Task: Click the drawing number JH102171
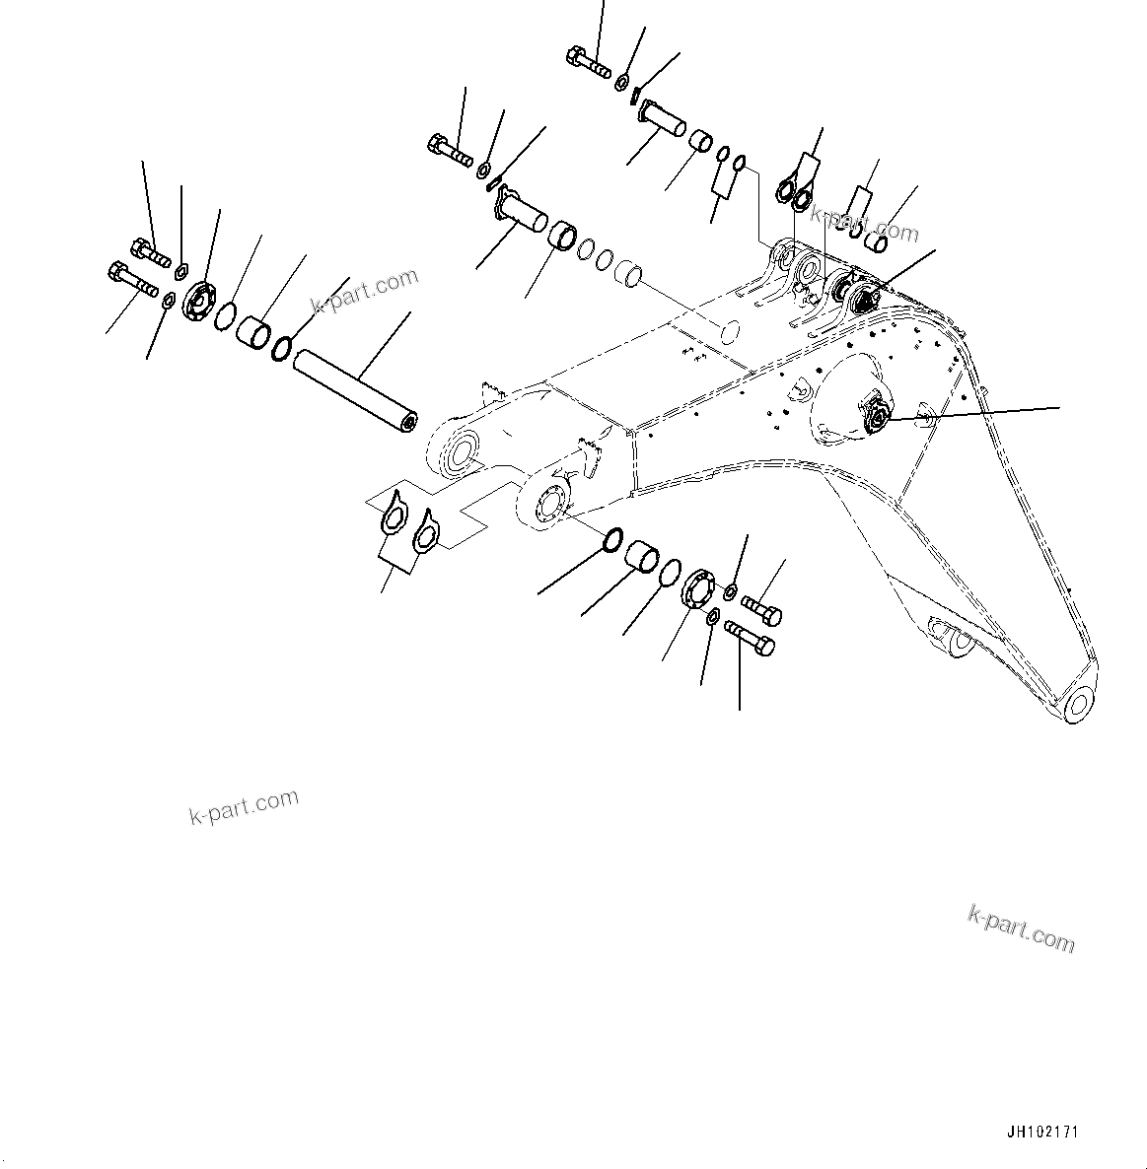(1044, 1133)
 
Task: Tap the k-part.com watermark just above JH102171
(1021, 928)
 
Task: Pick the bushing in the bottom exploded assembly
(642, 554)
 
